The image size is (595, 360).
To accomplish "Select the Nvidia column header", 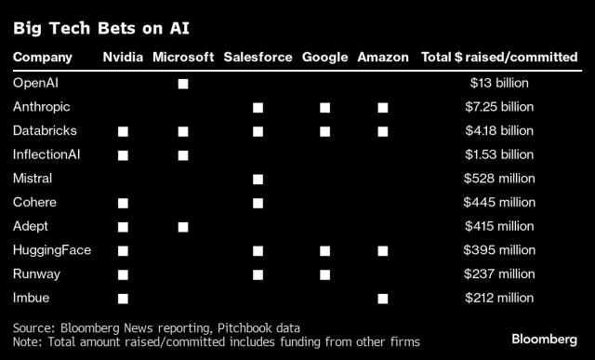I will [x=123, y=58].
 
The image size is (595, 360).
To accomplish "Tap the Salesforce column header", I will [x=258, y=58].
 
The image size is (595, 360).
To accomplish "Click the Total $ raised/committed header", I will [x=498, y=58].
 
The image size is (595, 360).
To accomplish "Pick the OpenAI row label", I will [x=36, y=83].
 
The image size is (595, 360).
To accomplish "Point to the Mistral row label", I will [x=33, y=178].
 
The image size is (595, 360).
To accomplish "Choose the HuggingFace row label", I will [x=46, y=249].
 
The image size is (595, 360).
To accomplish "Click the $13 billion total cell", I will [x=499, y=83].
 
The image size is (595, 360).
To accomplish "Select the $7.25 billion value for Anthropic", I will [x=499, y=107].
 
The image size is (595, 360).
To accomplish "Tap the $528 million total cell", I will [x=499, y=178].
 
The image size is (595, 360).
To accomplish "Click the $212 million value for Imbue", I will [x=499, y=298].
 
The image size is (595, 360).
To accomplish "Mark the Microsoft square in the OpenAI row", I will [x=183, y=84].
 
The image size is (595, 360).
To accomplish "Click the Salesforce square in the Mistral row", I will [x=258, y=179].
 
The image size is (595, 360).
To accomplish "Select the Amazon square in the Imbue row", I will [x=382, y=298].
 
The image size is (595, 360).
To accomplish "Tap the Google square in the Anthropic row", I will [x=324, y=108].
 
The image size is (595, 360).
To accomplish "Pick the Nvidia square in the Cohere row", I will [x=123, y=203].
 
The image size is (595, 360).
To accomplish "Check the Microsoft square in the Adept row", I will [x=183, y=226].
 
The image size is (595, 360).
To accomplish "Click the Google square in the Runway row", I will [x=324, y=274].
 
